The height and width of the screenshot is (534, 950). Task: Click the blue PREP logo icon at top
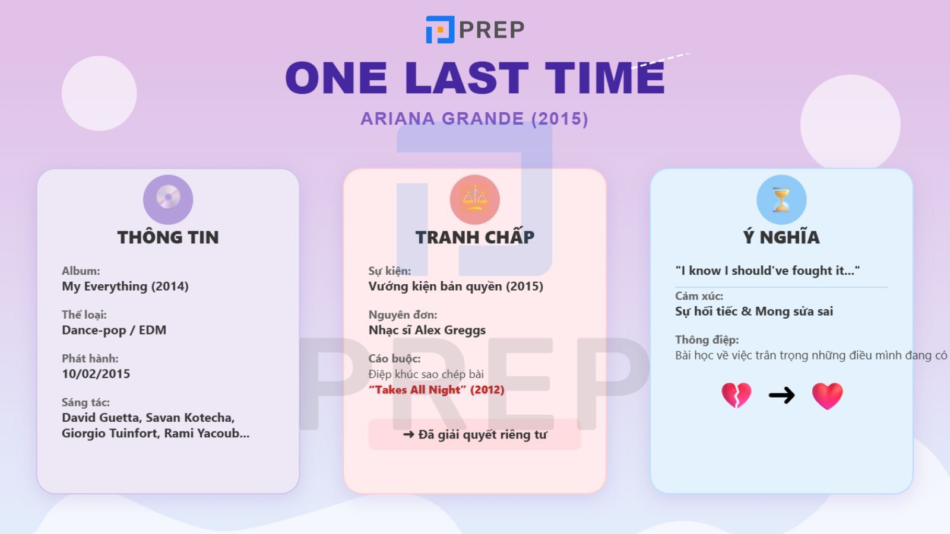(x=440, y=29)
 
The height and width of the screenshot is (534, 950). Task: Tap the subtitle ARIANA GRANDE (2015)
(x=474, y=119)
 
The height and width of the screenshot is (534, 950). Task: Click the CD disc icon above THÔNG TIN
(x=168, y=199)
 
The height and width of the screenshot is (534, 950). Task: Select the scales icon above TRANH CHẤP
(x=474, y=199)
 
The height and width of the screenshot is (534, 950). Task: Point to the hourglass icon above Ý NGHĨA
(x=781, y=199)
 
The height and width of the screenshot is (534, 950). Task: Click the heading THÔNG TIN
(x=168, y=237)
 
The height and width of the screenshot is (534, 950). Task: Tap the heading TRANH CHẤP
(x=474, y=237)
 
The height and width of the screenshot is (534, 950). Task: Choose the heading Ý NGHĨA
(x=781, y=237)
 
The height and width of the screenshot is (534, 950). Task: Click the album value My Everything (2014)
(x=125, y=287)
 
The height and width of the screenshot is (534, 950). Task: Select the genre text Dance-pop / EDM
(x=114, y=330)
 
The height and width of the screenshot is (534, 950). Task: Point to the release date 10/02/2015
(x=96, y=374)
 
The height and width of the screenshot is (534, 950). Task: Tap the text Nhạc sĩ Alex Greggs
(x=427, y=330)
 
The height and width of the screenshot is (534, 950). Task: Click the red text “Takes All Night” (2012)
(x=436, y=390)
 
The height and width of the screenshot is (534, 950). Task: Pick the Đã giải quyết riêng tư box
(x=474, y=434)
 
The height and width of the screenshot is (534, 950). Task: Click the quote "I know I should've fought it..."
(x=768, y=271)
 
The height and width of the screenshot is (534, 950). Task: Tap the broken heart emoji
(x=736, y=396)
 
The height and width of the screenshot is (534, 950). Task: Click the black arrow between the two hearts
(x=781, y=395)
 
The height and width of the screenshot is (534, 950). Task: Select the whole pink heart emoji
(x=828, y=396)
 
